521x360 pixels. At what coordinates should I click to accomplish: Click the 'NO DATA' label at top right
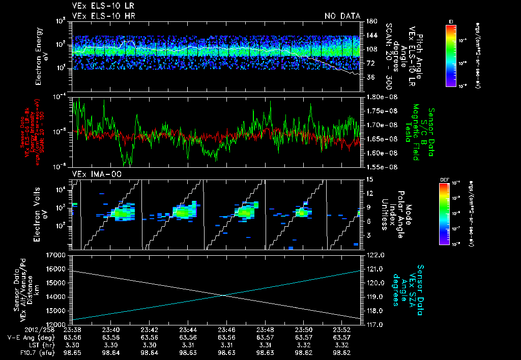click(x=342, y=16)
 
